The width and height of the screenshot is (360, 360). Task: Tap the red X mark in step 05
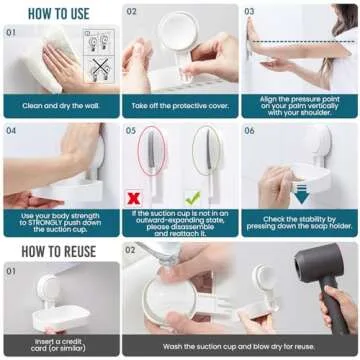133,199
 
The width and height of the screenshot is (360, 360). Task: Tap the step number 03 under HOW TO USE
249,12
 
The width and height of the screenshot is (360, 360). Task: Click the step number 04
11,130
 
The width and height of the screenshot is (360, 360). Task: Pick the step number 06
249,130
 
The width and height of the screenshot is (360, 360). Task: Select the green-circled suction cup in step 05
204,155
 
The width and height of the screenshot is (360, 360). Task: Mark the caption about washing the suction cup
240,345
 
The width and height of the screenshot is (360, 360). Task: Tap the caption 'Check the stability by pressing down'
299,220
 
